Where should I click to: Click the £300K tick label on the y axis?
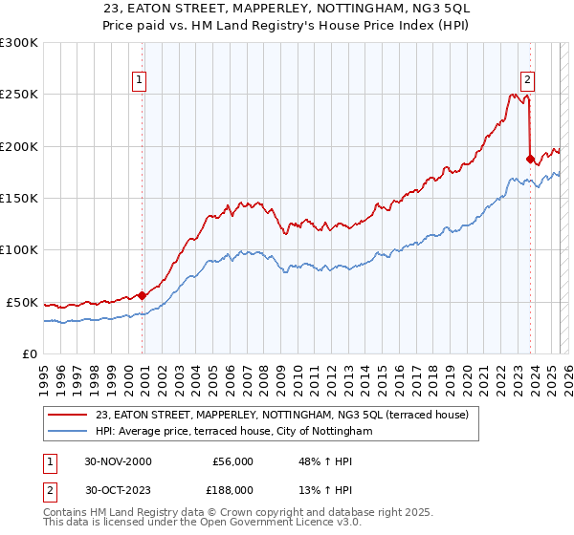(19, 43)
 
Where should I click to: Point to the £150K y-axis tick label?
(19, 198)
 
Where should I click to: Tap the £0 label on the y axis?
(29, 353)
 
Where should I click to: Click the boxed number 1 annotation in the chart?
(140, 81)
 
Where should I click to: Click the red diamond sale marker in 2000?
(143, 295)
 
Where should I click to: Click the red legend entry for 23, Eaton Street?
(282, 416)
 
